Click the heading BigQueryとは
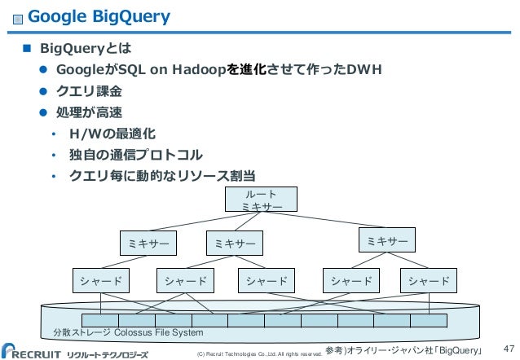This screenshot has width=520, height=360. pos(80,47)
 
